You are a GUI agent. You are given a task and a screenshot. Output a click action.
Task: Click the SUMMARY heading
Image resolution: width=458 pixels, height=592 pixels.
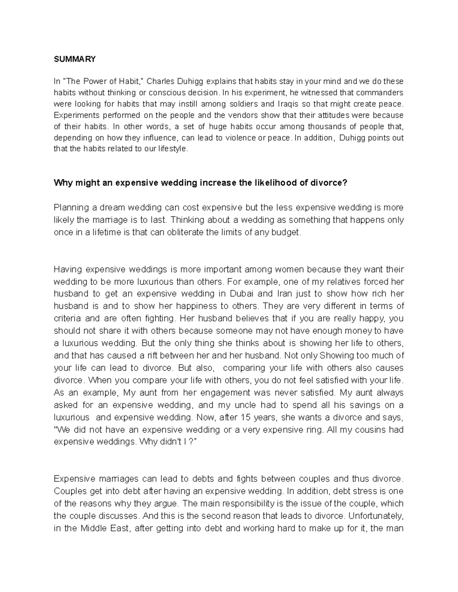[x=74, y=59]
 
